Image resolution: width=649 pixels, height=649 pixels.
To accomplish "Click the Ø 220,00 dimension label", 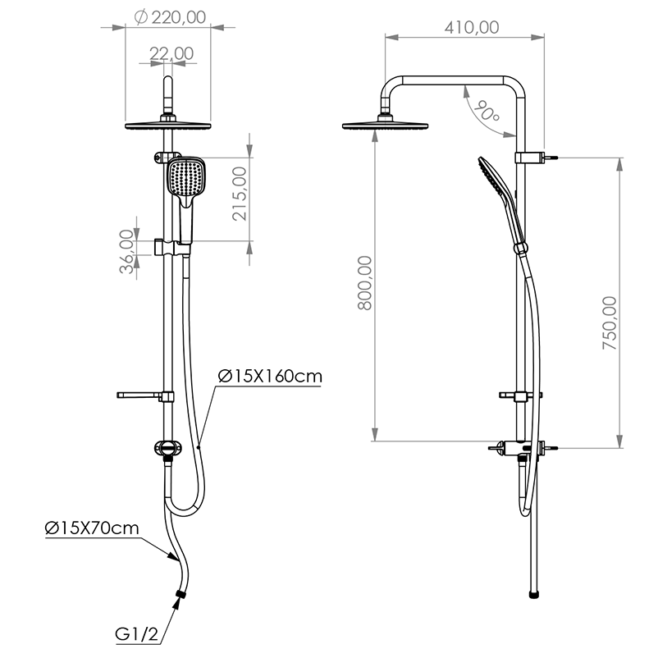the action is [170, 17].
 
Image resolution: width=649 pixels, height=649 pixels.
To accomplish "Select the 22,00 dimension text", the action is [171, 53].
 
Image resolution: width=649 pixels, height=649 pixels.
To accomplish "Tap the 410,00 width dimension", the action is [472, 27].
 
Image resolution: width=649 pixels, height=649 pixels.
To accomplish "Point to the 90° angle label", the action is [487, 111].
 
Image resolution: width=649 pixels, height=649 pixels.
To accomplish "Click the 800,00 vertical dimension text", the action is [364, 283].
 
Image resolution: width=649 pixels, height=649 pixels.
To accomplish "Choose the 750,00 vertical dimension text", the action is [610, 322].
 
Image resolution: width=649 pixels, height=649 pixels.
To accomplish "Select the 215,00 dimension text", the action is [240, 194].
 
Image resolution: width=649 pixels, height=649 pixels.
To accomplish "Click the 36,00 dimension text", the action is [126, 251].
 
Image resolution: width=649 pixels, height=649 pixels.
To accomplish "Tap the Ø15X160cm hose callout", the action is [270, 377].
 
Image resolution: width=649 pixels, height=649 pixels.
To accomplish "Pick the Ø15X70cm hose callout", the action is [92, 528].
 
